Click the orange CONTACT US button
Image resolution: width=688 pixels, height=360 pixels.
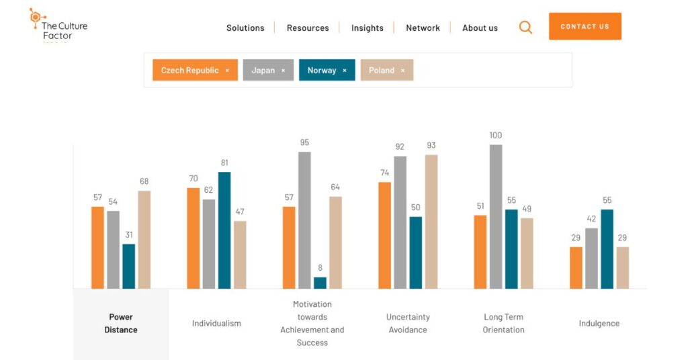coord(585,26)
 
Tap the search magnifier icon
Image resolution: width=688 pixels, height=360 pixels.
coord(525,27)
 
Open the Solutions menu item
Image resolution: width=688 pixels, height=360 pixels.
coord(245,28)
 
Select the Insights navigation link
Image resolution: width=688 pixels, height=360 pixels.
coord(367,28)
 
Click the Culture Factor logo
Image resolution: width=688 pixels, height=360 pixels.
coord(58,26)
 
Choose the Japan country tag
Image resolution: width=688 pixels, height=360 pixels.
coord(263,70)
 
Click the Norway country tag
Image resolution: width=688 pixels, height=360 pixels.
coord(322,70)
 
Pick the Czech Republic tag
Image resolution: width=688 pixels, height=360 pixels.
coord(190,70)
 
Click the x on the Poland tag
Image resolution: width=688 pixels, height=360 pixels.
coord(403,70)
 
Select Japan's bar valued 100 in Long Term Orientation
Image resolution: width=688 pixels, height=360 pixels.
coord(496,216)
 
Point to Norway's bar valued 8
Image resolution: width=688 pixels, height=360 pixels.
coord(320,283)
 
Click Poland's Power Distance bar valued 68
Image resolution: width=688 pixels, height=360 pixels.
coord(144,240)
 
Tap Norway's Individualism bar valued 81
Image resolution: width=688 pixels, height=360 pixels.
coord(224,230)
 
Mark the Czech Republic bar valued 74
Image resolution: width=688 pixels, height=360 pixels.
coord(384,235)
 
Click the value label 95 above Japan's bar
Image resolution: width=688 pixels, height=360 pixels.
coord(304,142)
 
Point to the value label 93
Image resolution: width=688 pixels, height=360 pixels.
coord(431,146)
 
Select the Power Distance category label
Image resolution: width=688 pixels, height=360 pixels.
coord(121,323)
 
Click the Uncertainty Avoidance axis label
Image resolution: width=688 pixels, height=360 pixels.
coord(408,323)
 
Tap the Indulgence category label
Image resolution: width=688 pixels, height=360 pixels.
coord(599,323)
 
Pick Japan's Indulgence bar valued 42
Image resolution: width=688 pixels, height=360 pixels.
coord(591,259)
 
